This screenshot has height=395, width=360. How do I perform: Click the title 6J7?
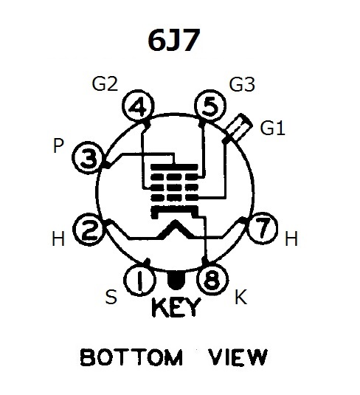click(x=174, y=40)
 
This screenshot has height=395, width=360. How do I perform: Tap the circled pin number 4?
click(x=138, y=106)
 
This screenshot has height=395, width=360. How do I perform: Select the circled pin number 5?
click(x=210, y=106)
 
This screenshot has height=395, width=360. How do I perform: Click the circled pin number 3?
click(x=89, y=158)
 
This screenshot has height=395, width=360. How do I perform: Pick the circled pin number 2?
click(x=89, y=230)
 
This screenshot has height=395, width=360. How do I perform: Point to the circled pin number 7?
click(x=263, y=228)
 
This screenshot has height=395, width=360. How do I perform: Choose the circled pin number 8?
click(x=213, y=279)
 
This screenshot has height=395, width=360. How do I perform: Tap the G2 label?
click(x=105, y=84)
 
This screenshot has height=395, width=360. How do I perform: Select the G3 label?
click(x=242, y=84)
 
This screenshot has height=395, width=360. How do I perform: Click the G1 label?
click(x=272, y=128)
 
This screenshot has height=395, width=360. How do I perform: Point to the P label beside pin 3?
click(x=59, y=145)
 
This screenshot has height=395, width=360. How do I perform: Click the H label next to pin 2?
click(x=58, y=238)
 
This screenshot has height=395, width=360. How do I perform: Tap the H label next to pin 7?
click(x=291, y=238)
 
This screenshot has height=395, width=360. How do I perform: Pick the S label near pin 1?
click(x=111, y=297)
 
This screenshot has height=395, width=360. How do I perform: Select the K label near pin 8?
click(x=240, y=297)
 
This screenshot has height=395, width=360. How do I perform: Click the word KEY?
click(x=176, y=307)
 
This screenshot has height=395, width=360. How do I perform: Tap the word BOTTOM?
click(x=131, y=357)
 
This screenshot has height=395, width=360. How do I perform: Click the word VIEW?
click(x=238, y=357)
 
